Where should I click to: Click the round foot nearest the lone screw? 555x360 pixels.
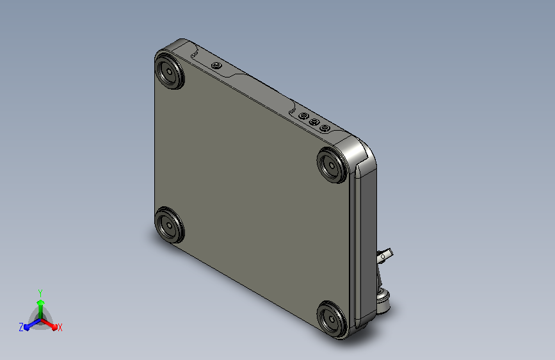click(x=170, y=70)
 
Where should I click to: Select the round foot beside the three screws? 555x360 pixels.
click(x=332, y=165)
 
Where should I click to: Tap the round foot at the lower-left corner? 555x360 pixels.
click(x=170, y=225)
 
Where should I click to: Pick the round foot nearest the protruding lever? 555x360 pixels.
click(x=332, y=319)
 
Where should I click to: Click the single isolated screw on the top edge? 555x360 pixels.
click(x=216, y=65)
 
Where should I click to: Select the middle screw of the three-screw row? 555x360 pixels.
click(x=314, y=122)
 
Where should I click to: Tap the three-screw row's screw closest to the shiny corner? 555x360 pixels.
click(x=325, y=128)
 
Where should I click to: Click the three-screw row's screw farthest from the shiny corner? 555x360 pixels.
click(x=303, y=116)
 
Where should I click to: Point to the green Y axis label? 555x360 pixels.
click(x=40, y=293)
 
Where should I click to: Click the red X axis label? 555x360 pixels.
click(x=60, y=327)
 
